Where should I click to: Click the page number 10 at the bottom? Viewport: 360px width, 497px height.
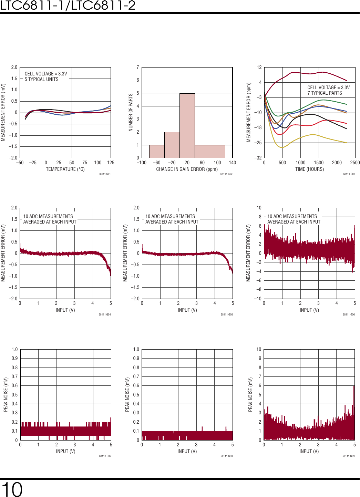pyautogui.click(x=12, y=489)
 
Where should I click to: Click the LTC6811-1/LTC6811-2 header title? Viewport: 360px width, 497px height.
pyautogui.click(x=68, y=5)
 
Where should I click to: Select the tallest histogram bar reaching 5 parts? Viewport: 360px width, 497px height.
pyautogui.click(x=187, y=125)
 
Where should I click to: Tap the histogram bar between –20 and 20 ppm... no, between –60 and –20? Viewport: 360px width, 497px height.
pyautogui.click(x=172, y=145)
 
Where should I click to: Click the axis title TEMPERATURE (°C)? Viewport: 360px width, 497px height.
pyautogui.click(x=65, y=169)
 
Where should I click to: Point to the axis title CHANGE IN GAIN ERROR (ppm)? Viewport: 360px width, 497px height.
pyautogui.click(x=187, y=169)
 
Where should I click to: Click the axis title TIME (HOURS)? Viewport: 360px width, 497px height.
pyautogui.click(x=309, y=169)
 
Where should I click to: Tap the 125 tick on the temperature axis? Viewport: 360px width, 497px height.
pyautogui.click(x=111, y=163)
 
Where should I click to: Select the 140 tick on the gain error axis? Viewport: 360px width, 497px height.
pyautogui.click(x=233, y=163)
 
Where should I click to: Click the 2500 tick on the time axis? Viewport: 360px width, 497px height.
pyautogui.click(x=355, y=163)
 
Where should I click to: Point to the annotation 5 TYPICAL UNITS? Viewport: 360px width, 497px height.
pyautogui.click(x=41, y=79)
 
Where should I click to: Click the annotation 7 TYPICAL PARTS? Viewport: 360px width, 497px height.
pyautogui.click(x=325, y=93)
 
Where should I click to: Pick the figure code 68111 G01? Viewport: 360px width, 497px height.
pyautogui.click(x=104, y=174)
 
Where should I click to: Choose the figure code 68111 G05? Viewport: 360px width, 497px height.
pyautogui.click(x=227, y=314)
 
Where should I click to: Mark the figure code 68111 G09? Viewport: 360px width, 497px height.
pyautogui.click(x=348, y=456)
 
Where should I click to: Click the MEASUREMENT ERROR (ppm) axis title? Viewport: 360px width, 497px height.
pyautogui.click(x=248, y=112)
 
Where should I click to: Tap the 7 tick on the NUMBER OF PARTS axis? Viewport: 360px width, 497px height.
pyautogui.click(x=138, y=67)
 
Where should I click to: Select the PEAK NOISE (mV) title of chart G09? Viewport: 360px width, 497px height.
pyautogui.click(x=250, y=394)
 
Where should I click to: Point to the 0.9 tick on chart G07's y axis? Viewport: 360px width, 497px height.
pyautogui.click(x=14, y=358)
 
